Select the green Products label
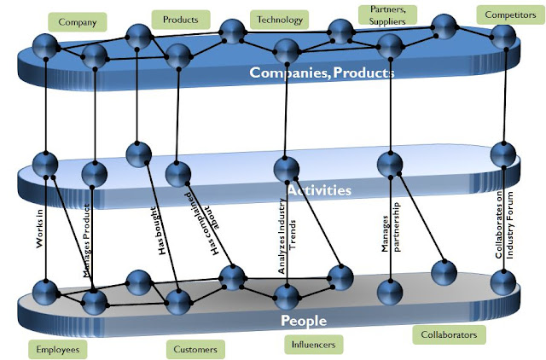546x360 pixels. (180, 19)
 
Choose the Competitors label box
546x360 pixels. (505, 16)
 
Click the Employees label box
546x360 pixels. (57, 348)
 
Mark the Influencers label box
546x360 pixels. (313, 343)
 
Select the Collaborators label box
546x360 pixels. (449, 334)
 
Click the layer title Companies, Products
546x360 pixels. (321, 73)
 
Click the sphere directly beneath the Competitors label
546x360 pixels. (504, 38)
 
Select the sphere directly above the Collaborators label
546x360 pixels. (444, 273)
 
